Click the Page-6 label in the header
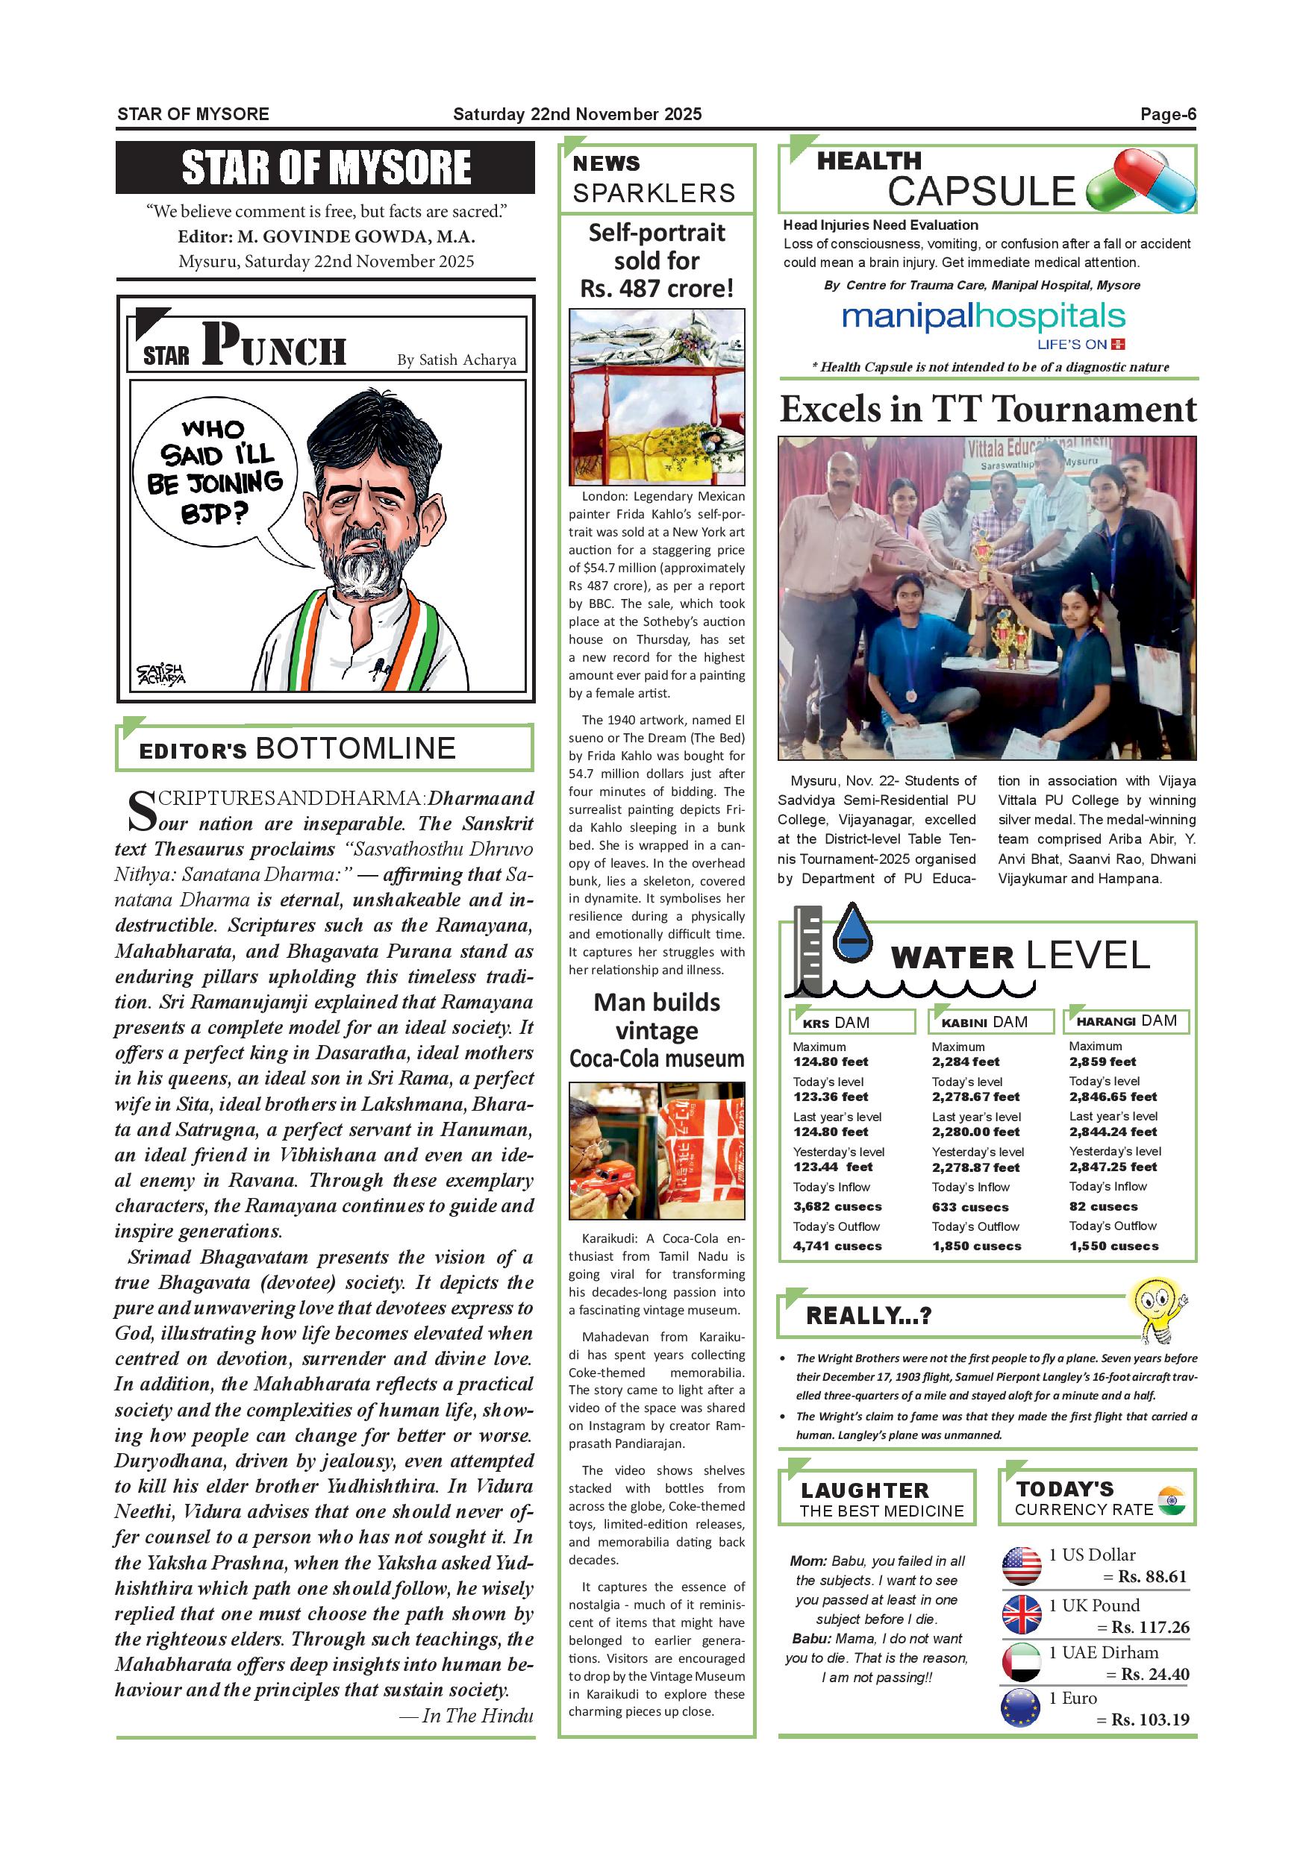pos(1167,114)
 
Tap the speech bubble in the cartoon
pos(214,473)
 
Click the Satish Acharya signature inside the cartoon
pos(160,674)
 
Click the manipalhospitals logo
pos(984,319)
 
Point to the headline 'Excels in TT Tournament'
pos(987,410)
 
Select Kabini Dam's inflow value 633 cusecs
pos(969,1207)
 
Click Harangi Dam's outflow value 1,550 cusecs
pos(1114,1246)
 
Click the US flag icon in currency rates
pos(1021,1566)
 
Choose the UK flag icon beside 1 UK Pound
pos(1021,1615)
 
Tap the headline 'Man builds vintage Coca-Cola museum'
pos(656,1030)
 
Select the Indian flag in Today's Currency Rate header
pos(1171,1500)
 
